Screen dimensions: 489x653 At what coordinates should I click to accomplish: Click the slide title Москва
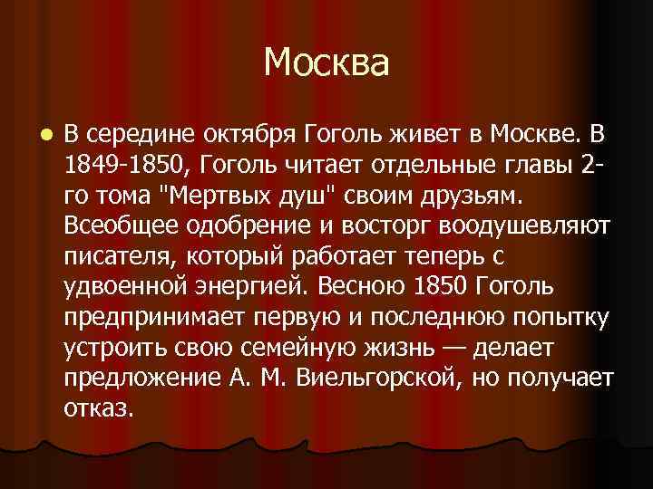pyautogui.click(x=326, y=63)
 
